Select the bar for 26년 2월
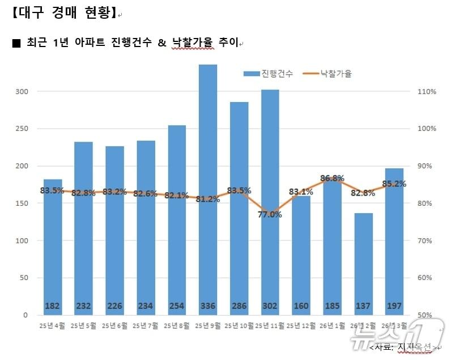363,255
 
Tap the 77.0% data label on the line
270,214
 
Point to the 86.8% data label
332,178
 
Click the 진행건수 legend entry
269,74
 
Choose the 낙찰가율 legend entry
328,74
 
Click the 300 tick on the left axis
21,91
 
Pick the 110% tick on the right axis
427,91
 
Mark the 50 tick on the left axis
23,278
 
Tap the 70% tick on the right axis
427,240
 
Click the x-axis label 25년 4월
52,325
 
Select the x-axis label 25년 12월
301,325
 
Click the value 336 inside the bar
208,306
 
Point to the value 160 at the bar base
301,306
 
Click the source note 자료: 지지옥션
403,346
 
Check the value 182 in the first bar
53,306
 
